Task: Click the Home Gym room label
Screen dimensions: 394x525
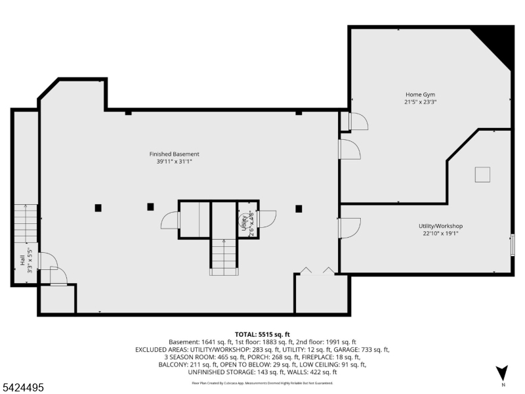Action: click(x=420, y=95)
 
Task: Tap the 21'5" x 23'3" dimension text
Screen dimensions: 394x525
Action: click(x=420, y=102)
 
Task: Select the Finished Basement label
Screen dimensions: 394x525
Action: click(x=174, y=154)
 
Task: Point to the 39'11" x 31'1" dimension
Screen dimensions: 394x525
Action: click(x=174, y=161)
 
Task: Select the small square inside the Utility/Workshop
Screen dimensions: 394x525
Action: click(x=482, y=174)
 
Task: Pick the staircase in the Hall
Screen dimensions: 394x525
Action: click(x=26, y=223)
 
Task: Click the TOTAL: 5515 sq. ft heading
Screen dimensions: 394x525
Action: click(x=262, y=334)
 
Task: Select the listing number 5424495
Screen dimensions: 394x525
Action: click(x=23, y=388)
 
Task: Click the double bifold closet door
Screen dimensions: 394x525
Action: click(x=316, y=271)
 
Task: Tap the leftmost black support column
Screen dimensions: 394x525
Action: click(x=98, y=208)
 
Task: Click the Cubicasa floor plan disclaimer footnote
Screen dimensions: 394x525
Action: click(x=262, y=382)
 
